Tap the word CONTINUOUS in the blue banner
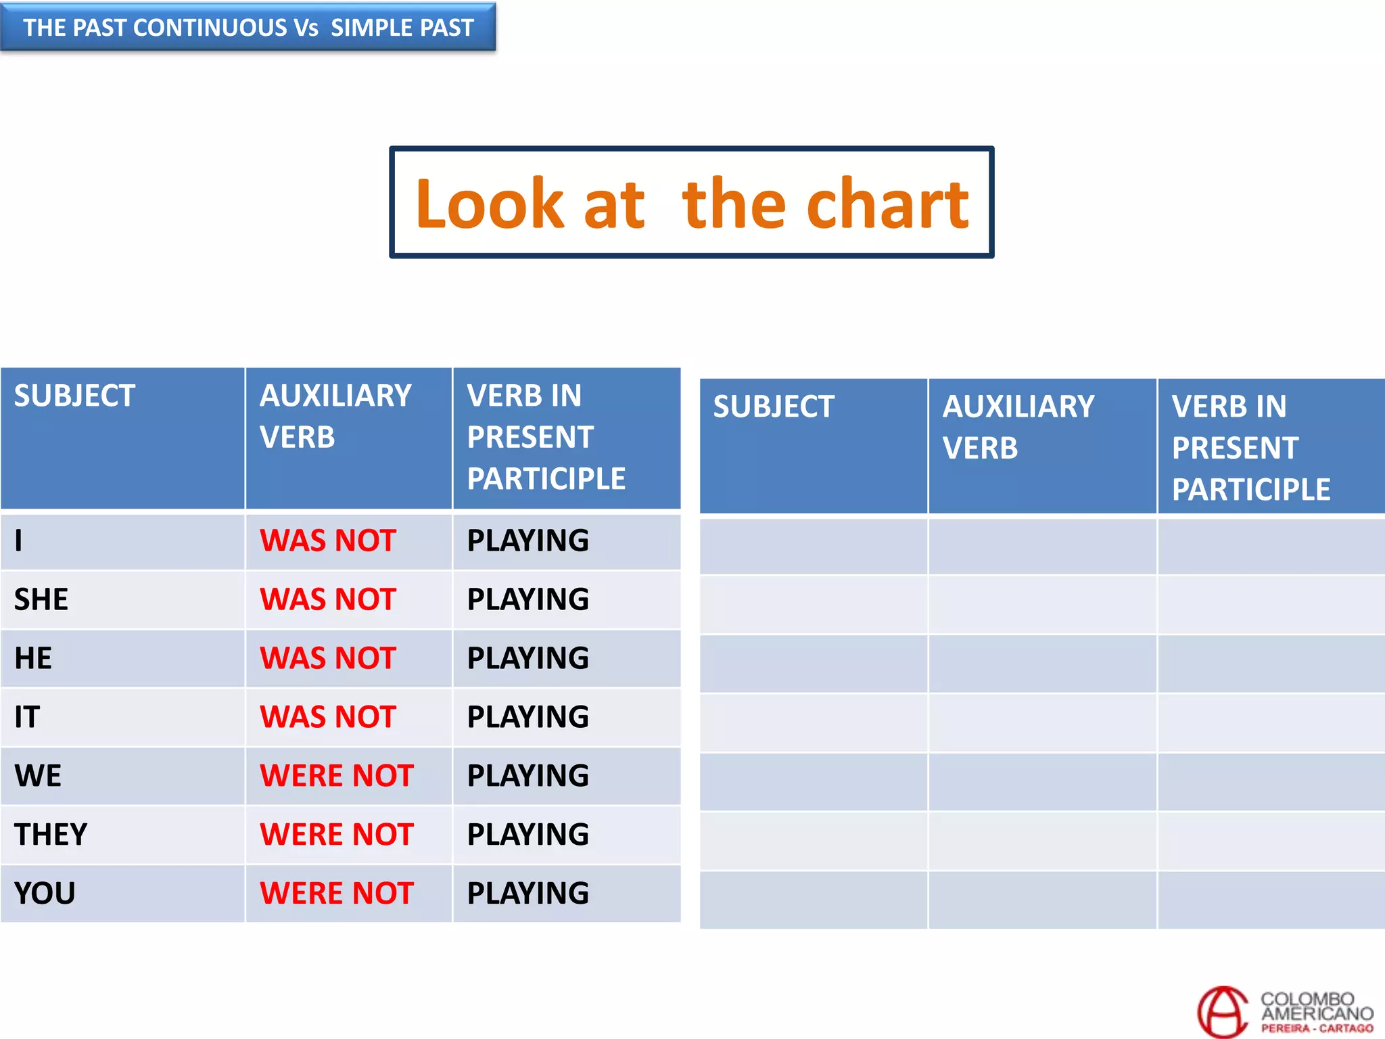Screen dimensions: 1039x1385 click(x=210, y=28)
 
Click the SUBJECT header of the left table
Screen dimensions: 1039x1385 click(x=74, y=396)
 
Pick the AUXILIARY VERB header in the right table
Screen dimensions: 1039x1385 click(x=1018, y=427)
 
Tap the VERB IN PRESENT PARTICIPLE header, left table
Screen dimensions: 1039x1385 click(x=546, y=437)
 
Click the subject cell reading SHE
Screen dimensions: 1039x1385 click(x=41, y=599)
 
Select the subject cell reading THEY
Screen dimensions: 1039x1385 click(x=51, y=834)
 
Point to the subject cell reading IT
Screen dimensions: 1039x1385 click(x=27, y=717)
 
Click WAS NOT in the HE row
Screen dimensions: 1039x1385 click(x=328, y=658)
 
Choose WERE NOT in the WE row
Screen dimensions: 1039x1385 click(x=337, y=776)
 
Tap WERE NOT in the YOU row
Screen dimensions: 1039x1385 click(x=337, y=893)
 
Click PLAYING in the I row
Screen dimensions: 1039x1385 click(x=527, y=540)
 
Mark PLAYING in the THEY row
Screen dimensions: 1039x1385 click(x=527, y=834)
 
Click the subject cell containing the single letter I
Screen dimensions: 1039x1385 click(x=19, y=540)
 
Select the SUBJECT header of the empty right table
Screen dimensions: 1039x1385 click(x=774, y=407)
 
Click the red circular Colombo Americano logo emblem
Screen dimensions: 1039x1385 click(x=1223, y=1012)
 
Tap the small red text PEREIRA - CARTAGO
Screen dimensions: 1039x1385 click(x=1317, y=1028)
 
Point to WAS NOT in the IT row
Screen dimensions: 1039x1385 click(x=328, y=717)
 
